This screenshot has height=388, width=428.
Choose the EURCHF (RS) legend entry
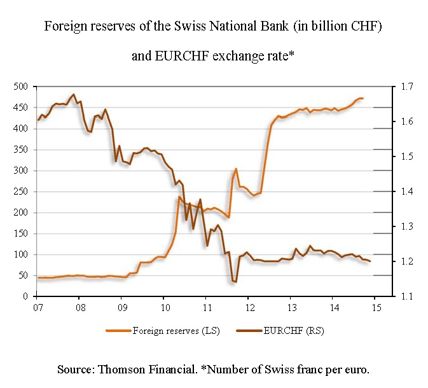click(x=280, y=331)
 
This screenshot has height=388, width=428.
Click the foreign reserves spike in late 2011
click(x=236, y=169)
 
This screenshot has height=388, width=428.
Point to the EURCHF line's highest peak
click(x=74, y=94)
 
